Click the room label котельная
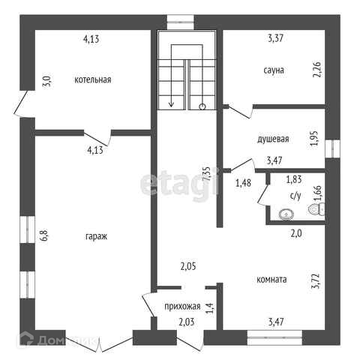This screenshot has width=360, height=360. [x=93, y=79]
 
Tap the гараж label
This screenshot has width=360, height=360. [x=96, y=236]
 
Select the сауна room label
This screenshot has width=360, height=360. [x=274, y=70]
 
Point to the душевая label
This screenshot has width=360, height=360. [x=273, y=139]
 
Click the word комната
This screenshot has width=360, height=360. [x=271, y=279]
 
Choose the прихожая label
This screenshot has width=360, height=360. [x=182, y=306]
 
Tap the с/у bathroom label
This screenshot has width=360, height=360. [x=295, y=196]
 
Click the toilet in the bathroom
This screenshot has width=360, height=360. [x=317, y=209]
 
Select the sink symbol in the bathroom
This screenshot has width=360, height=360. [x=286, y=214]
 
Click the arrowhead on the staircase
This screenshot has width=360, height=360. [x=171, y=103]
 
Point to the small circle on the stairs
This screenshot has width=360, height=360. [x=202, y=106]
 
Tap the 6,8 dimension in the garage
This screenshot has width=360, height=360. [x=44, y=235]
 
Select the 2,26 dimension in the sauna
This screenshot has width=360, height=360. [x=317, y=69]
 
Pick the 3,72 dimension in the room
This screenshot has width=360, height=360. [x=315, y=281]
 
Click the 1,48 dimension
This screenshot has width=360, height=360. [x=243, y=183]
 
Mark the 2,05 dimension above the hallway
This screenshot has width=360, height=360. [x=188, y=266]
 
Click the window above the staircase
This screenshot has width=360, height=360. [x=180, y=22]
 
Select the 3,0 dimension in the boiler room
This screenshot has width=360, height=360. [x=48, y=81]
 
